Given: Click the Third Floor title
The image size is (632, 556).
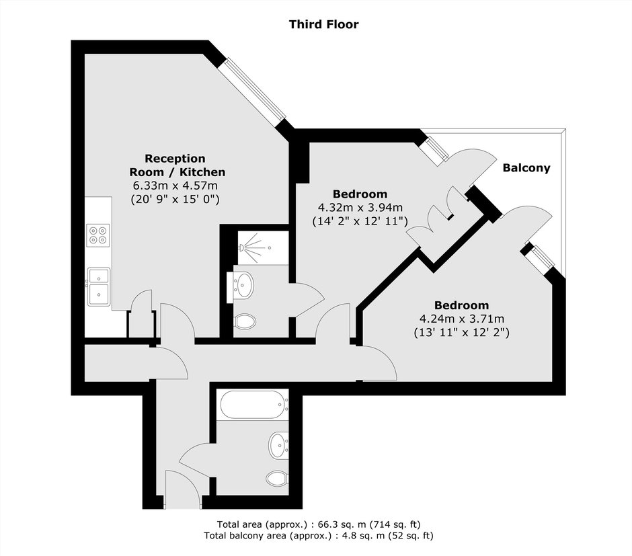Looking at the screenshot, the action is coord(323,25).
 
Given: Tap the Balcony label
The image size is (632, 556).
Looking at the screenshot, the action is coord(526,167).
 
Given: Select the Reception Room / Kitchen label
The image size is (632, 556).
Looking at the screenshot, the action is coord(177,165).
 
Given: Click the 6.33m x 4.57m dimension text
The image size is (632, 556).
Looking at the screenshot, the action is coord(175,186).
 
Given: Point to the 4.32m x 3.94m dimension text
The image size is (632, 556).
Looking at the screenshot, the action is coord(360,208).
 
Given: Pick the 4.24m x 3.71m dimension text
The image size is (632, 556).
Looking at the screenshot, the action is coord(462,319).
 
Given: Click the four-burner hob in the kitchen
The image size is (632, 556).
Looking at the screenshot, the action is coord(98,235).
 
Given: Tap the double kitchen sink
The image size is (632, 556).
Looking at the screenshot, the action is coord(99,286).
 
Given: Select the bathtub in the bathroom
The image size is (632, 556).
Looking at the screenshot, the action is coord(254,405).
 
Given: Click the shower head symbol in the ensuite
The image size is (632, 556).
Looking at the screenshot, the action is coord(250,246).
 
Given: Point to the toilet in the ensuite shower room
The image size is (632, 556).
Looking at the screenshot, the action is coord(245,321).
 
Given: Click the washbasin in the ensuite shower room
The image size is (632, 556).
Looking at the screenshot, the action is coord(243,285).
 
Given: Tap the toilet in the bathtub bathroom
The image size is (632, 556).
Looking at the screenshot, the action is coord(277,478).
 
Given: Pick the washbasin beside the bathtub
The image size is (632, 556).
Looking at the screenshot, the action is coord(279,445).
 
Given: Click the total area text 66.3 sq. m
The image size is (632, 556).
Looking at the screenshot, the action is coord(319,524).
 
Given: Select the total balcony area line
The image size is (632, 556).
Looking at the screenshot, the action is coord(319,536).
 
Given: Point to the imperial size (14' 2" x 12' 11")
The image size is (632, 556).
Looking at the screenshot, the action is coord(360,221).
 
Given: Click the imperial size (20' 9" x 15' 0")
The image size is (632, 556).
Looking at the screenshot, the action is coord(175,200).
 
